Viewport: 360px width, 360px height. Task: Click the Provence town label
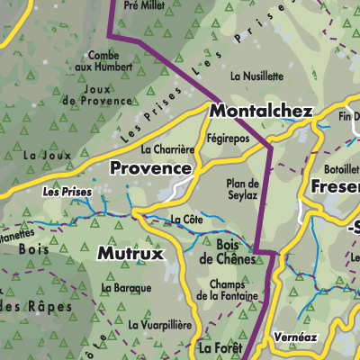[150, 168]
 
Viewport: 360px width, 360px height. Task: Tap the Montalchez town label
[260, 112]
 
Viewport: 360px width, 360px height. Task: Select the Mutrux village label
[130, 254]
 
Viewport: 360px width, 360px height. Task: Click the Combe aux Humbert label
[95, 60]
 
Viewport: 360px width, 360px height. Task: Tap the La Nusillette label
[257, 77]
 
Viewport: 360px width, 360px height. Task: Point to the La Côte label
[186, 219]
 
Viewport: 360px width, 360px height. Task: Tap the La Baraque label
[125, 289]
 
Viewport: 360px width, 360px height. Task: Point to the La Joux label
[40, 155]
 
